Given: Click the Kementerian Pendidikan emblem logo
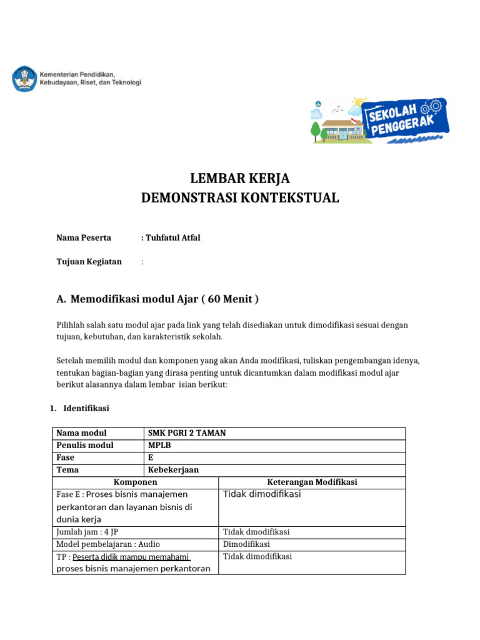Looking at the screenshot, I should click(24, 79).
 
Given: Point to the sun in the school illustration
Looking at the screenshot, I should click(359, 103).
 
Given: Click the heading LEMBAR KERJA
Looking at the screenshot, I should click(240, 178).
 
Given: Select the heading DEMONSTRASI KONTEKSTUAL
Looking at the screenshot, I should click(240, 198).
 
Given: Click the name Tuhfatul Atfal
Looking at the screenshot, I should click(173, 237).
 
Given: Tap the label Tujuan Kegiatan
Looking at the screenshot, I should click(89, 261).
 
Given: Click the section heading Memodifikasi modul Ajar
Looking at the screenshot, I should click(164, 299).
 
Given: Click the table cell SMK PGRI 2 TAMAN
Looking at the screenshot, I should click(187, 433).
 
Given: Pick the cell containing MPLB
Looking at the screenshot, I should click(159, 445).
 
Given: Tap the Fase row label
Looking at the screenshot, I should click(66, 457).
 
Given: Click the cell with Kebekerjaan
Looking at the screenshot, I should click(173, 470).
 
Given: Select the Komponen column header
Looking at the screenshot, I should click(135, 482).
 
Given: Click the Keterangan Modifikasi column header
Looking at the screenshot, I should click(311, 482).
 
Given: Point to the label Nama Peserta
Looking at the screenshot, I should click(84, 237).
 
